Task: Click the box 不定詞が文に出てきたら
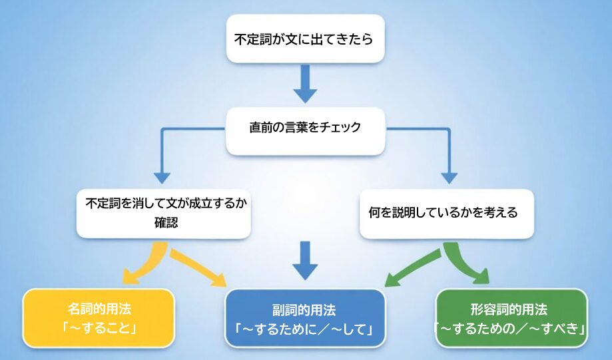tap(305, 39)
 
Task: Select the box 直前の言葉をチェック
tap(305, 128)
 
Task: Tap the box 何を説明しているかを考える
tap(446, 214)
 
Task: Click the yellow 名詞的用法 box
tap(99, 318)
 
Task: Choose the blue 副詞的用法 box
tap(305, 318)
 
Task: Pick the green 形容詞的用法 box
tap(511, 318)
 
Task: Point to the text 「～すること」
tap(99, 327)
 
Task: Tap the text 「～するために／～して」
tap(305, 328)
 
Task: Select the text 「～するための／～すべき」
tap(511, 328)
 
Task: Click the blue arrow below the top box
tap(305, 83)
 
